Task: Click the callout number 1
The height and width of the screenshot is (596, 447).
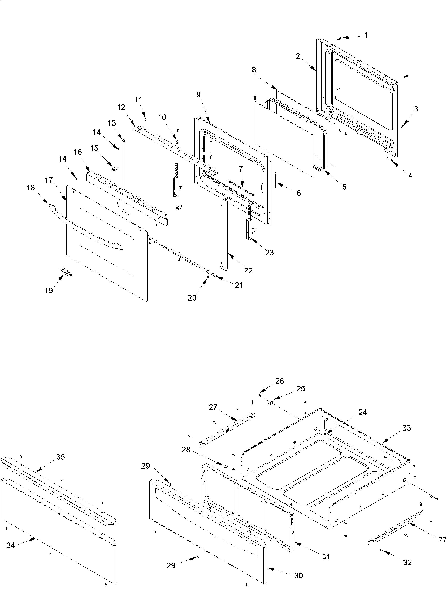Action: [x=366, y=35]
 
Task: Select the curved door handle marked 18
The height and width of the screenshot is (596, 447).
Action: [x=84, y=227]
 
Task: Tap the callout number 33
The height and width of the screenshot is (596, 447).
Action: [x=407, y=428]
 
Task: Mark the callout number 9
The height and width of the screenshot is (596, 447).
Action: [x=199, y=95]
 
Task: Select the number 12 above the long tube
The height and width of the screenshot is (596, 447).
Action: [x=122, y=107]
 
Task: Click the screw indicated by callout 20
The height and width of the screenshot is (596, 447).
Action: [x=207, y=277]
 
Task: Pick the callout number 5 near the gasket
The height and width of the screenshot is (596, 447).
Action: [x=344, y=187]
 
